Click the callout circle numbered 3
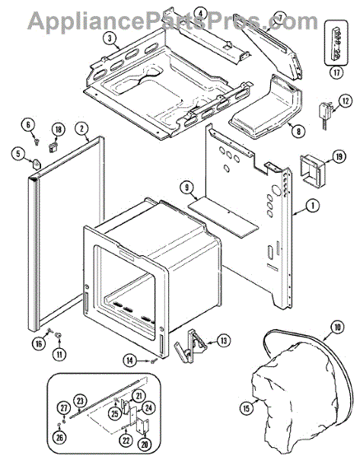click(x=110, y=39)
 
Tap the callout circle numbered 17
click(x=336, y=72)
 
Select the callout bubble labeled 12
click(x=345, y=101)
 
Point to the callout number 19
click(x=339, y=157)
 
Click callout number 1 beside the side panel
click(x=313, y=206)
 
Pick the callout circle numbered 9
click(x=186, y=187)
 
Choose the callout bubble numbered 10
click(x=337, y=328)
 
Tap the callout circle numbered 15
click(x=247, y=408)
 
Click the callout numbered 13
click(x=224, y=340)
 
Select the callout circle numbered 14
click(x=130, y=361)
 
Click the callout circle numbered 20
click(x=145, y=444)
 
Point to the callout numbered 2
click(x=82, y=129)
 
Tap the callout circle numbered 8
click(x=298, y=131)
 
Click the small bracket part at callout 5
click(x=36, y=164)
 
